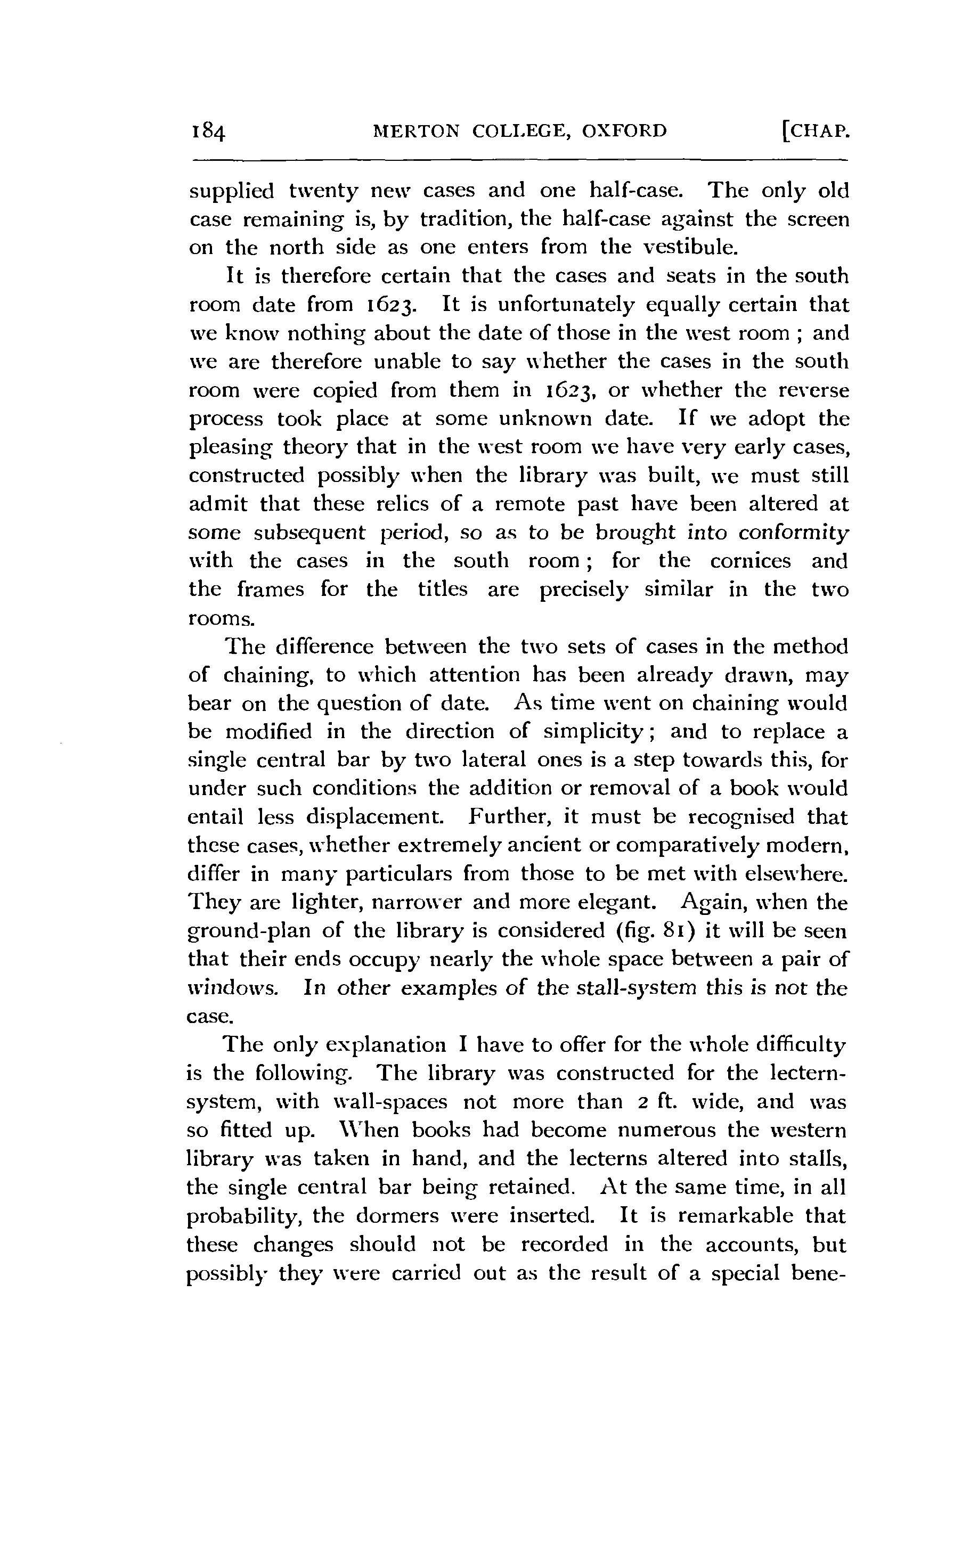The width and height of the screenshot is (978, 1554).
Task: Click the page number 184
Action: (x=208, y=132)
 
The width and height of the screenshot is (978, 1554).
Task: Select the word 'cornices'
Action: (x=750, y=561)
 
